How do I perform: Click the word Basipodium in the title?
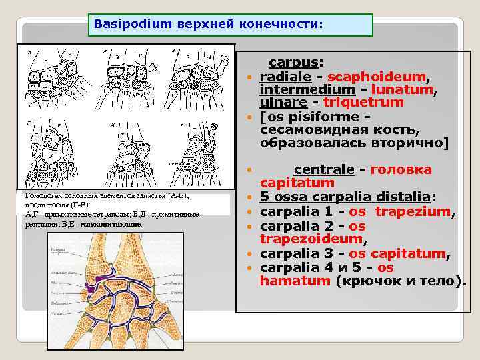pyautogui.click(x=123, y=23)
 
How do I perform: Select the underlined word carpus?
pyautogui.click(x=294, y=63)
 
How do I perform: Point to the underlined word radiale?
pyautogui.click(x=284, y=77)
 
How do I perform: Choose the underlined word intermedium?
pyautogui.click(x=297, y=89)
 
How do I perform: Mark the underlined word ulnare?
pyautogui.click(x=281, y=103)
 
